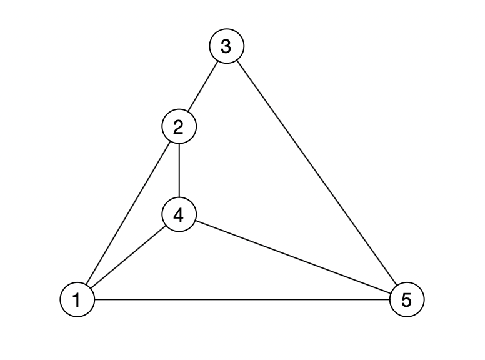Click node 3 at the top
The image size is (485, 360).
[226, 46]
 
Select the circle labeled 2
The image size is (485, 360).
[179, 127]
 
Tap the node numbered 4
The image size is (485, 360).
[179, 215]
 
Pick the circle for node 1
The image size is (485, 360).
[77, 300]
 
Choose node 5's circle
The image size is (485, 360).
[406, 300]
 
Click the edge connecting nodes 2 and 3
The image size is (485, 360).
[203, 86]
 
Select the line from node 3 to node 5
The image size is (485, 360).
[316, 173]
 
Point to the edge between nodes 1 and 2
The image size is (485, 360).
[128, 214]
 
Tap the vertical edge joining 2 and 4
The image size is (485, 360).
[179, 171]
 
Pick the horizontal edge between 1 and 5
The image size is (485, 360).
[241, 300]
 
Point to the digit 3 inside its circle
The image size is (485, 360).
[226, 46]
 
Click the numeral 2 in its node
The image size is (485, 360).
[179, 127]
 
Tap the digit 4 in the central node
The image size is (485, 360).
[179, 215]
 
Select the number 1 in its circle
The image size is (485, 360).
[77, 300]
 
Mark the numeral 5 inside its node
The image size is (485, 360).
[406, 300]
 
